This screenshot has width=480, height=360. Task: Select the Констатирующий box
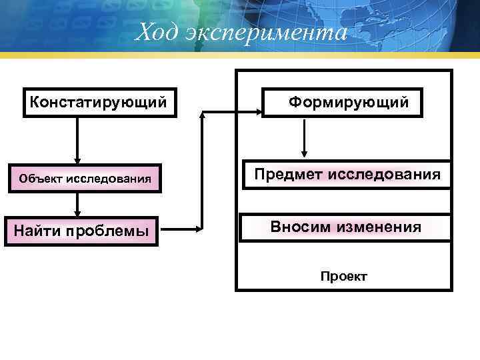[100, 103]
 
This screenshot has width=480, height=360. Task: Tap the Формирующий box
[343, 103]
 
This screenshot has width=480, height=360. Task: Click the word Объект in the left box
[40, 179]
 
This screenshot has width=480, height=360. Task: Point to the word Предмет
[286, 175]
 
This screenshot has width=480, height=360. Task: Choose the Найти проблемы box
[81, 231]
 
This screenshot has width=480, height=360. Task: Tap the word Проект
[343, 277]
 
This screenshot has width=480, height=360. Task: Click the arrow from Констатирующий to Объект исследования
[78, 140]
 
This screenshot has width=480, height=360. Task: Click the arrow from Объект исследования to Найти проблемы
[78, 205]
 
